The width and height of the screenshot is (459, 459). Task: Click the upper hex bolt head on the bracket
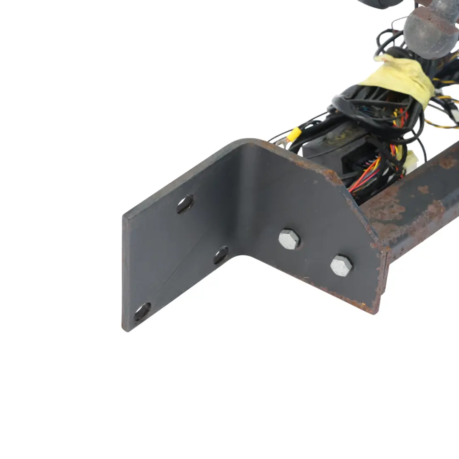point(289,239)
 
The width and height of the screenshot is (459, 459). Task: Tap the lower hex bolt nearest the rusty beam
point(341,266)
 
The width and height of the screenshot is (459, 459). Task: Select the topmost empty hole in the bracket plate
point(185,204)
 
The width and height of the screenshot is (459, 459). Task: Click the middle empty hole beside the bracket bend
point(221,255)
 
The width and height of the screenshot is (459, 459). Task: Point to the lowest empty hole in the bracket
point(142,312)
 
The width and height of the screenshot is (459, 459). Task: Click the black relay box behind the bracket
point(336,147)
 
